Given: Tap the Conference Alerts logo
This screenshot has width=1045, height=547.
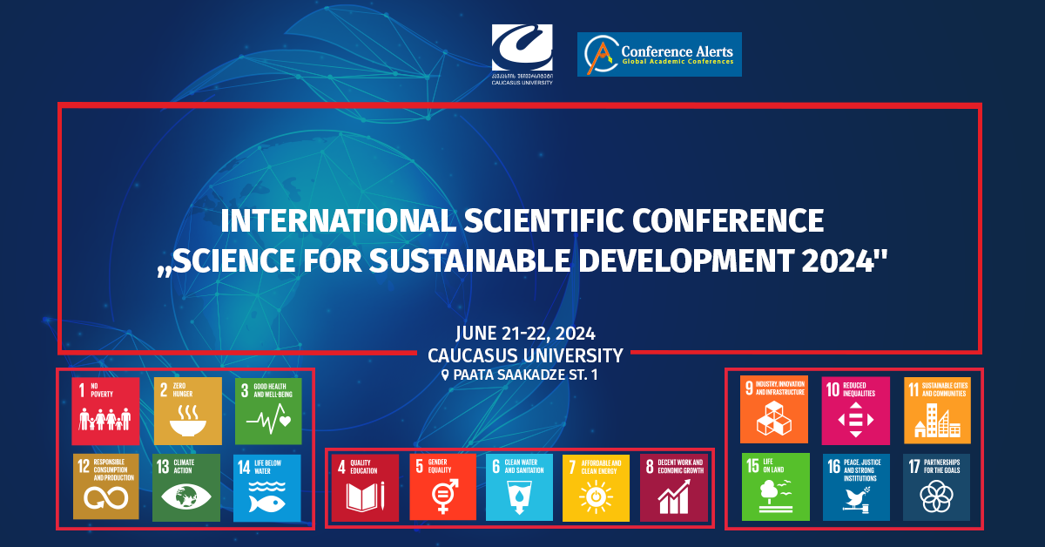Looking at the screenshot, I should point(659,54).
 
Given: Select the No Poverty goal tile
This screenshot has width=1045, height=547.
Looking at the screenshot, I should point(105,411).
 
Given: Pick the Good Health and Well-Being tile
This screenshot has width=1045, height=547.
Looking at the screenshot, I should point(268,411).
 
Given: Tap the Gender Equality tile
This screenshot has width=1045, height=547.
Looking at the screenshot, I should point(443,487).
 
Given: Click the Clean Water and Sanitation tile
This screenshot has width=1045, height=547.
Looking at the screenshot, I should point(520,487).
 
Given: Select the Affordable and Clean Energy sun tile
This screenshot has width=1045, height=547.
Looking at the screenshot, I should point(597,487).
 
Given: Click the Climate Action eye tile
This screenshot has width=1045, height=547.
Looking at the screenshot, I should point(186,487).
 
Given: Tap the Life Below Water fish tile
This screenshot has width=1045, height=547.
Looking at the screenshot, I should point(267,487).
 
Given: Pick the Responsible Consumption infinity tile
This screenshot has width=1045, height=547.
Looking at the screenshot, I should point(105,487).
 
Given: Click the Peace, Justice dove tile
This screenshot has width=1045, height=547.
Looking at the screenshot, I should point(855,487).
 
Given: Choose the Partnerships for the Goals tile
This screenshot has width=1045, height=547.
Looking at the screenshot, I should point(936,487).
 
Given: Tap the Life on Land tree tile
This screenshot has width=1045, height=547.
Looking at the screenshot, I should point(774,487).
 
